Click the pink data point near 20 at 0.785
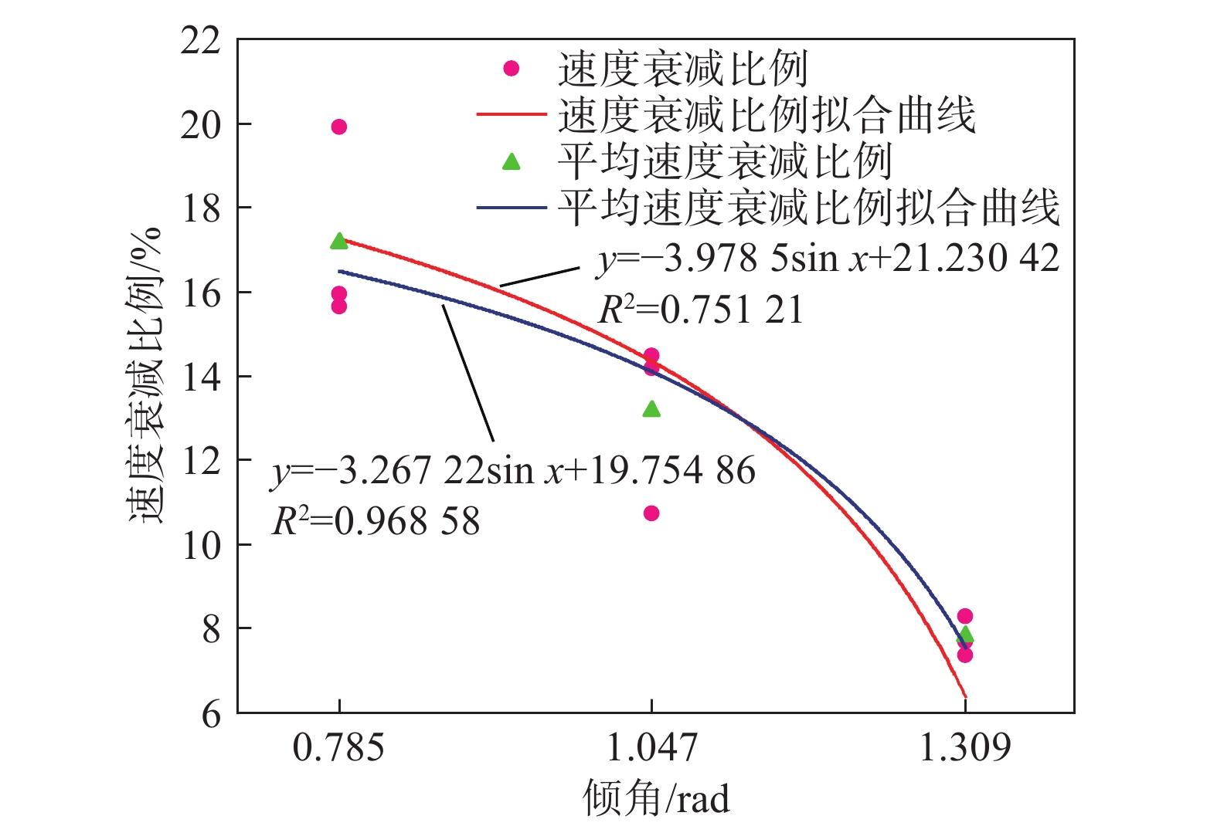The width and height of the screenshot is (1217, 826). coord(338,127)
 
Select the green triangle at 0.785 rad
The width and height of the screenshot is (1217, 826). coord(338,242)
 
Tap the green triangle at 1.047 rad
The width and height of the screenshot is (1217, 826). coord(651,409)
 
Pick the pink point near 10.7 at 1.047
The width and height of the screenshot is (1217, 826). coord(651,513)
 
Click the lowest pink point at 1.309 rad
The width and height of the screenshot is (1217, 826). coord(964,655)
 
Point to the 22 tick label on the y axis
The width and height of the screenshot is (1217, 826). coord(200,40)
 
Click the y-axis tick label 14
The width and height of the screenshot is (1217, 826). coord(200,377)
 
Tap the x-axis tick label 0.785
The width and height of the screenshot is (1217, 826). coord(338,747)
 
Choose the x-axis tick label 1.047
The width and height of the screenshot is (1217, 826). coord(651,747)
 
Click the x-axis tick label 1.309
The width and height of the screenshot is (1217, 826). coord(964,747)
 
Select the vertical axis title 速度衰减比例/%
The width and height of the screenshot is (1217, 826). coord(145,375)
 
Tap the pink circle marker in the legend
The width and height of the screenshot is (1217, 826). coord(511,69)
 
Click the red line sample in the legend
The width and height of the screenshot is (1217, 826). coord(511,114)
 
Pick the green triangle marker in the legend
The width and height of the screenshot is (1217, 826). coord(511,161)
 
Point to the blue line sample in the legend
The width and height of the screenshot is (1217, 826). coord(511,208)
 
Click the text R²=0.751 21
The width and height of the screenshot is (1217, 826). coord(701,310)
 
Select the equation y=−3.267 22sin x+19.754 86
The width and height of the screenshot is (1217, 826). coord(513,470)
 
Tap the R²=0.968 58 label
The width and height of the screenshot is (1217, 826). coord(376,521)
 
